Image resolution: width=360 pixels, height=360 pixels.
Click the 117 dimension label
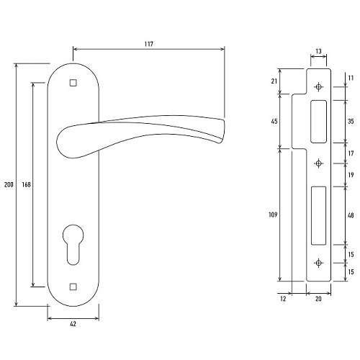pos(149,44)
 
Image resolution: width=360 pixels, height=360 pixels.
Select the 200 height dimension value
pos(9,184)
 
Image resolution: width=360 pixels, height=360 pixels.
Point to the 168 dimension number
pos(27,184)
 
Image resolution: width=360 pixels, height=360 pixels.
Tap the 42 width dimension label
pos(73,324)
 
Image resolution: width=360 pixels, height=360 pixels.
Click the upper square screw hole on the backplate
pos(73,83)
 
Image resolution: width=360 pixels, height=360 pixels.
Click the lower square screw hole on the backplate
pos(73,287)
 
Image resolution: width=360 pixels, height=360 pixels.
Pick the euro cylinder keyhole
pos(73,245)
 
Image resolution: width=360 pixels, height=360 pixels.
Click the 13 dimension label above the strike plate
pos(318,51)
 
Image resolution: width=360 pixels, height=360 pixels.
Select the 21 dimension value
pos(274,81)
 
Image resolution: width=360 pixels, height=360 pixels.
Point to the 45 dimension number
pos(274,122)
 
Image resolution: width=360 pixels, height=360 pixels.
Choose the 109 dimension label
pos(273,215)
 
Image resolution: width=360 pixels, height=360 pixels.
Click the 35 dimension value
pos(351,122)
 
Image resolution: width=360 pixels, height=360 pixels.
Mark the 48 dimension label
pos(351,215)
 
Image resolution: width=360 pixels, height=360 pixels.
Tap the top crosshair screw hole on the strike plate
pos(318,87)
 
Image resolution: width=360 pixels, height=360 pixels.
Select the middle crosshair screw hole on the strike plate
pos(318,163)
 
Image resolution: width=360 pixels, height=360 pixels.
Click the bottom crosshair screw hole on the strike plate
pos(318,263)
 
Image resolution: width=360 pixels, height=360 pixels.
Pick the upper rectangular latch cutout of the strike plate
pos(318,122)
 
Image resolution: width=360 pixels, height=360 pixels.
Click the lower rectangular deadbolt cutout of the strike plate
pos(319,215)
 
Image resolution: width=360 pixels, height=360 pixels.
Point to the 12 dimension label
pos(283,299)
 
